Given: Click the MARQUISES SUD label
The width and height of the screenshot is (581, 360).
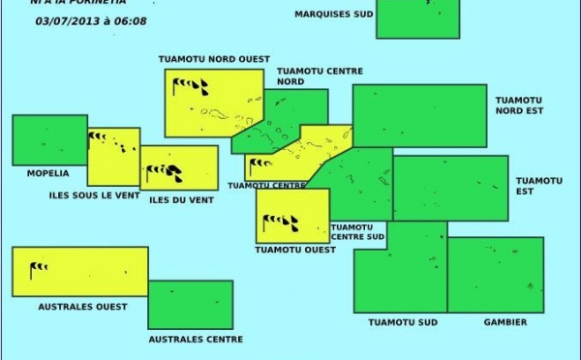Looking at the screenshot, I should tap(332, 15).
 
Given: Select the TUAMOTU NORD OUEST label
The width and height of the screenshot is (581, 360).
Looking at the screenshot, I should tap(214, 59).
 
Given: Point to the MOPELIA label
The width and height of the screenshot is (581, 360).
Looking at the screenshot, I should tap(41, 173).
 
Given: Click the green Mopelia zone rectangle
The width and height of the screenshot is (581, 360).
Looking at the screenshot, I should tap(49, 140).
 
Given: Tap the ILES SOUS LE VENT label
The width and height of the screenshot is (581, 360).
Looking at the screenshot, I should tap(94, 195).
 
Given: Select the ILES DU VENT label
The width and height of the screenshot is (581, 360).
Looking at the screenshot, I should tap(181, 200).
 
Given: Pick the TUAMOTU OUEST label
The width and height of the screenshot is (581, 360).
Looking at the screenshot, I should tap(294, 249).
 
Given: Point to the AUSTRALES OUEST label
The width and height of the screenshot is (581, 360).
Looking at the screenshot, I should tap(82, 307).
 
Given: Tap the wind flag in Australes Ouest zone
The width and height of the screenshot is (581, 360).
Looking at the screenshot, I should tap(37, 269).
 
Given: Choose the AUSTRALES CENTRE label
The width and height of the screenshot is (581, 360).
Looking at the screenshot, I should tap(195, 340).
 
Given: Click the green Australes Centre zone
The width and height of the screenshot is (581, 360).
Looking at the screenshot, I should tap(190, 305).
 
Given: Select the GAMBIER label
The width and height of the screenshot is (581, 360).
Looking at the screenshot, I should tap(505, 322).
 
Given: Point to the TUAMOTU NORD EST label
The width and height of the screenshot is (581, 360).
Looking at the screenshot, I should tap(520, 105).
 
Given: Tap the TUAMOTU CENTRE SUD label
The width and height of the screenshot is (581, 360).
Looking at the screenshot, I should tap(357, 231).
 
